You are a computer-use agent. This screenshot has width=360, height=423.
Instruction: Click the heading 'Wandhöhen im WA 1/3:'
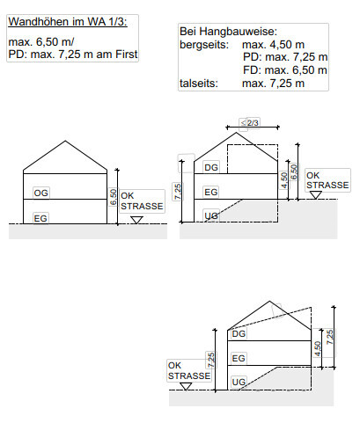point(68,22)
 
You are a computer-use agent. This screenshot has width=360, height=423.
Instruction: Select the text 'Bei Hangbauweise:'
point(228,32)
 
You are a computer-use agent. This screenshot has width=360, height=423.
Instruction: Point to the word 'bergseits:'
point(204,45)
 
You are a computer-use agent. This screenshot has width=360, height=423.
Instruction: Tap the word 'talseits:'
point(199,84)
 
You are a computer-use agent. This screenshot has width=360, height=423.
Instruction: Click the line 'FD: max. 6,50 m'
point(285,70)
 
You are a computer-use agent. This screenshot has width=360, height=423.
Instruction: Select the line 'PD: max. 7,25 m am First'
point(73,55)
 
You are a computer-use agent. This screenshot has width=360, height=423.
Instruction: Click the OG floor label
point(40,193)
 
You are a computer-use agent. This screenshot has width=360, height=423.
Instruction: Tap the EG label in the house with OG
point(40,218)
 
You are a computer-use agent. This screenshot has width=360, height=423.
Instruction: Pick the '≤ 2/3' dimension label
point(250,122)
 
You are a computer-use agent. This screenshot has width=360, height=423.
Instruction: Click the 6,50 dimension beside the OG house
point(114,197)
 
